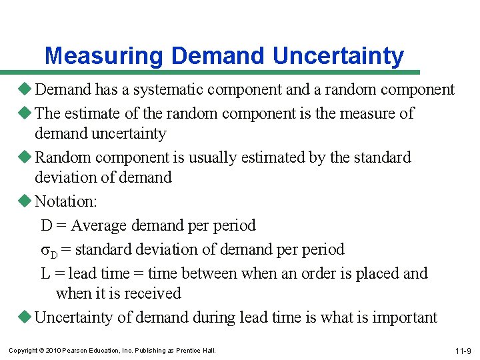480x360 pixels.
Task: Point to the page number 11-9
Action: [463, 351]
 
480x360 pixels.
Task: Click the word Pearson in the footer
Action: [75, 351]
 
